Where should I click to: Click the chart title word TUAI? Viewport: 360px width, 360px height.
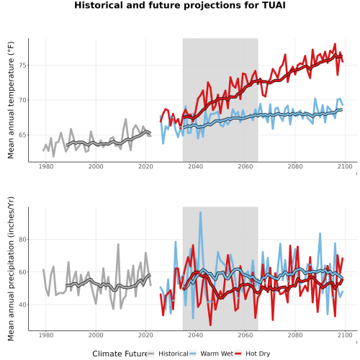click(x=274, y=5)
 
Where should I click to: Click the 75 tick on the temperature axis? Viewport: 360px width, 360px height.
click(x=22, y=66)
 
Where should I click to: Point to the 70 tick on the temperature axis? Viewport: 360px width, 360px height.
click(x=22, y=100)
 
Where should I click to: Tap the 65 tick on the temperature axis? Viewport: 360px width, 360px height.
click(x=22, y=135)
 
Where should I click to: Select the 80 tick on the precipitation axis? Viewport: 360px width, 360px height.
click(x=22, y=240)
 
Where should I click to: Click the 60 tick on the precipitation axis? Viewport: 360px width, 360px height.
click(x=22, y=272)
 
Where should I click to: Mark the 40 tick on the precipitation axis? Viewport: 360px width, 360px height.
click(x=22, y=305)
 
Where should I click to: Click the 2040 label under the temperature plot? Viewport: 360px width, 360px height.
click(x=195, y=166)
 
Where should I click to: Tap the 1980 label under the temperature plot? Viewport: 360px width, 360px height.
click(x=46, y=166)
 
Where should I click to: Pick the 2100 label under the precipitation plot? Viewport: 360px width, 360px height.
click(x=345, y=335)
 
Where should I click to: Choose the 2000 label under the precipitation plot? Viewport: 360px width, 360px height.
click(x=96, y=335)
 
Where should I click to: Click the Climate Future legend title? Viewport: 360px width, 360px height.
click(x=120, y=354)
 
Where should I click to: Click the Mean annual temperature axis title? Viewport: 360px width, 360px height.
click(x=11, y=100)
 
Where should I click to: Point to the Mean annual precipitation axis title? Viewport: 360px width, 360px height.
click(x=11, y=269)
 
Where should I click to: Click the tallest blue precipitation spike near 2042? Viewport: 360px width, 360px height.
click(x=200, y=212)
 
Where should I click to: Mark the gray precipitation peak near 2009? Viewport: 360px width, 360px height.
click(x=118, y=245)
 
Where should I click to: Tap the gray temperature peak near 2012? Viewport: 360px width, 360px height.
click(x=126, y=119)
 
